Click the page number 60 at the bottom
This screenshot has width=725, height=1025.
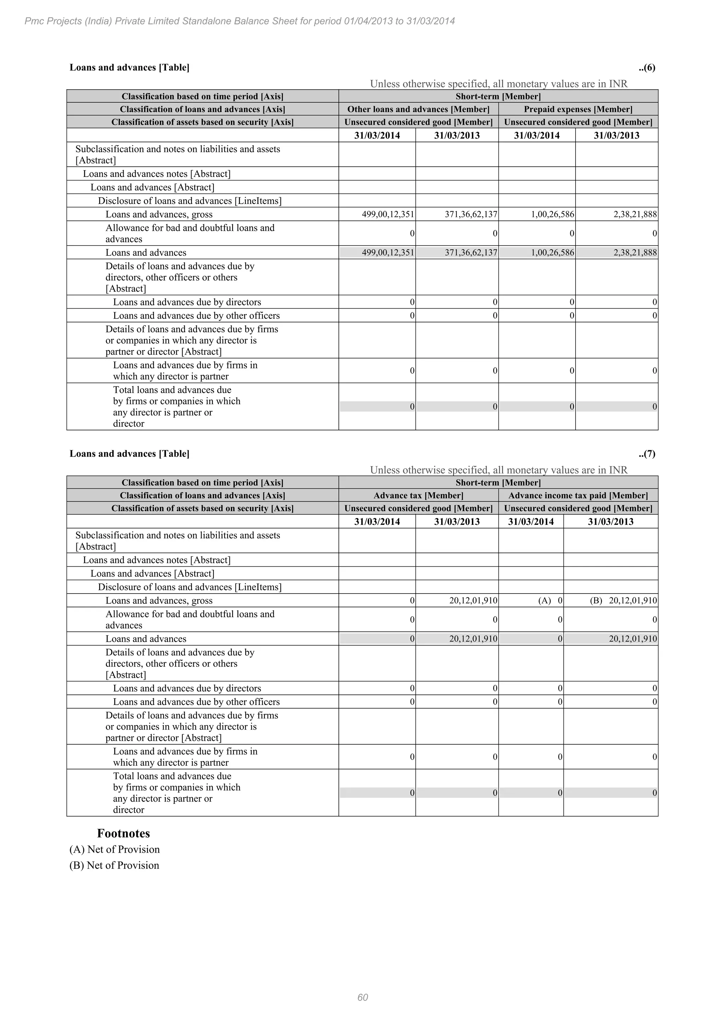pyautogui.click(x=362, y=997)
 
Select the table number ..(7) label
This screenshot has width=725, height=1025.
pyautogui.click(x=647, y=454)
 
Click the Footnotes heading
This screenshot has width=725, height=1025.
pyautogui.click(x=123, y=833)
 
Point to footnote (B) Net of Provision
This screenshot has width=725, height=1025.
pyautogui.click(x=114, y=865)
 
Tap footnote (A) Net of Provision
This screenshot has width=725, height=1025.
pyautogui.click(x=115, y=849)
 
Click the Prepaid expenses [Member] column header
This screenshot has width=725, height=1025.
pyautogui.click(x=578, y=109)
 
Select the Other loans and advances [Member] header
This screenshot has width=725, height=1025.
pyautogui.click(x=418, y=109)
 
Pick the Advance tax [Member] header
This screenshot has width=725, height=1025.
pyautogui.click(x=418, y=495)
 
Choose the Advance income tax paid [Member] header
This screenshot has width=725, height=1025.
pyautogui.click(x=578, y=495)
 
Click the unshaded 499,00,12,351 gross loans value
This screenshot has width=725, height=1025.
pyautogui.click(x=388, y=214)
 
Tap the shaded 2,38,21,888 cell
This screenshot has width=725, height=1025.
pyautogui.click(x=635, y=253)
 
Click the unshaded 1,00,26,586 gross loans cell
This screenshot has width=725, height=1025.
pyautogui.click(x=552, y=214)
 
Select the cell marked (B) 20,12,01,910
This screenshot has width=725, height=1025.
pyautogui.click(x=623, y=600)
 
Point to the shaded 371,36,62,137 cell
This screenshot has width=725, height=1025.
pyautogui.click(x=471, y=253)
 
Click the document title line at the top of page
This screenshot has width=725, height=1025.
pyautogui.click(x=240, y=21)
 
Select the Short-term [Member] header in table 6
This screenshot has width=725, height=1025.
pyautogui.click(x=498, y=96)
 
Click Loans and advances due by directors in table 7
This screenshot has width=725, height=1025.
pyautogui.click(x=187, y=688)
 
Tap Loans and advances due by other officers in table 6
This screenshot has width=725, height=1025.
pyautogui.click(x=196, y=316)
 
